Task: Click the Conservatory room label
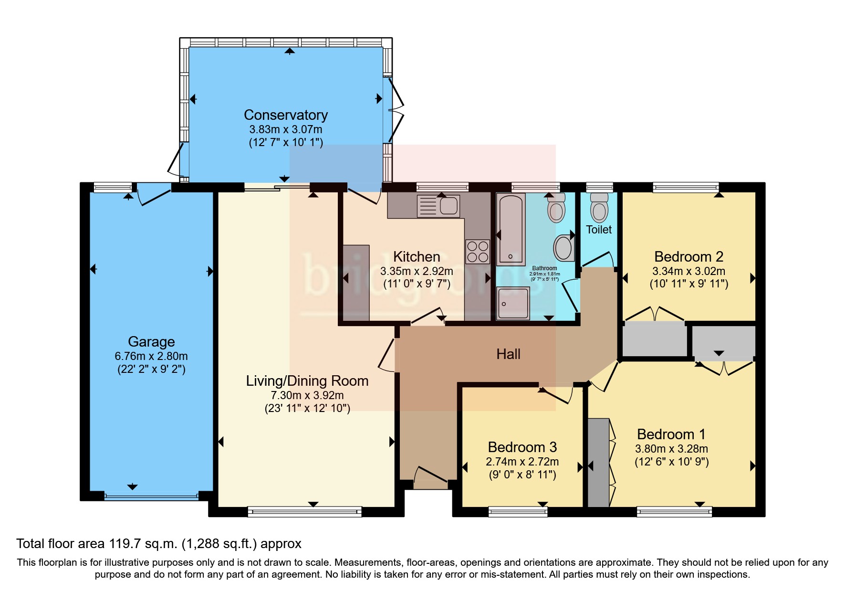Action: point(286,115)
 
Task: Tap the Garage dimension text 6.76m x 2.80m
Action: point(151,356)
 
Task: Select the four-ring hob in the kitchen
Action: point(478,252)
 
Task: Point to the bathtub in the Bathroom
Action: point(511,229)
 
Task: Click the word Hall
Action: point(508,354)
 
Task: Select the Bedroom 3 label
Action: point(522,447)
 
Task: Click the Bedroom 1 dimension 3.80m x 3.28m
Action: point(671,449)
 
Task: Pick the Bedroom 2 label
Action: point(689,257)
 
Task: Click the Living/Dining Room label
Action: point(307,381)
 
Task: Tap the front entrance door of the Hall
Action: point(430,477)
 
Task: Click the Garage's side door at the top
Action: point(154,194)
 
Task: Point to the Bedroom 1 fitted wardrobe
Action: point(598,462)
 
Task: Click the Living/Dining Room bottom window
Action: point(304,512)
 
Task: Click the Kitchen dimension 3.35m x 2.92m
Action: point(417,271)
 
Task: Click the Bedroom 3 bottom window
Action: point(518,512)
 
